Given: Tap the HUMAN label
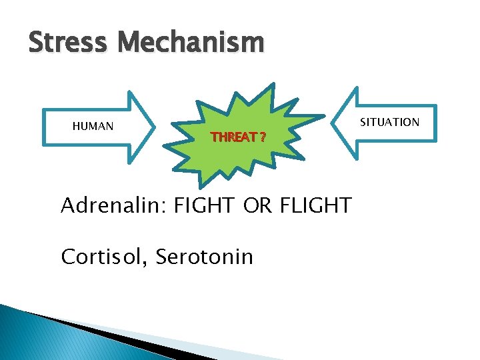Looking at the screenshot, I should point(93,127).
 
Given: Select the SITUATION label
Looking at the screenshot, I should point(389,122).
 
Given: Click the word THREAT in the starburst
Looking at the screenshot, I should point(233,138).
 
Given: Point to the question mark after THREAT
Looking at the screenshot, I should point(263,138).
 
